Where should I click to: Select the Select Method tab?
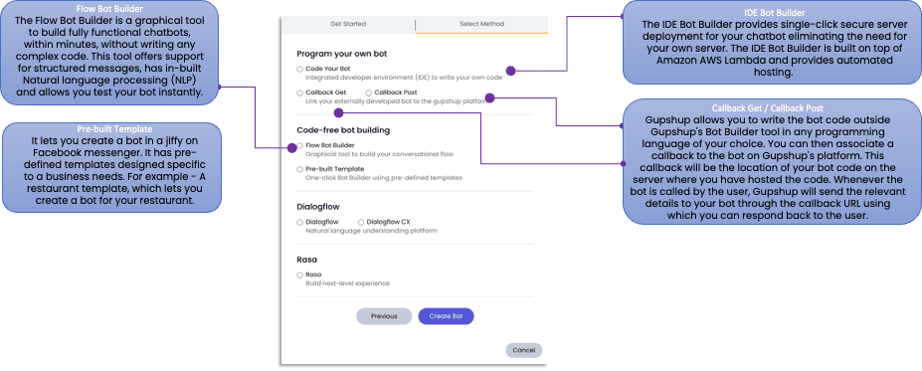click(482, 24)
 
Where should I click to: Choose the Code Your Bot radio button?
click(299, 69)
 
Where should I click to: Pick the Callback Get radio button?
click(299, 92)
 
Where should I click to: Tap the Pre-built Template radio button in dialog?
click(299, 169)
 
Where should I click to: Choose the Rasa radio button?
click(299, 274)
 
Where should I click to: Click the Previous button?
click(384, 316)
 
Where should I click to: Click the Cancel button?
click(523, 349)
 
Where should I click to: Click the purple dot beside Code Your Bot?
click(510, 71)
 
